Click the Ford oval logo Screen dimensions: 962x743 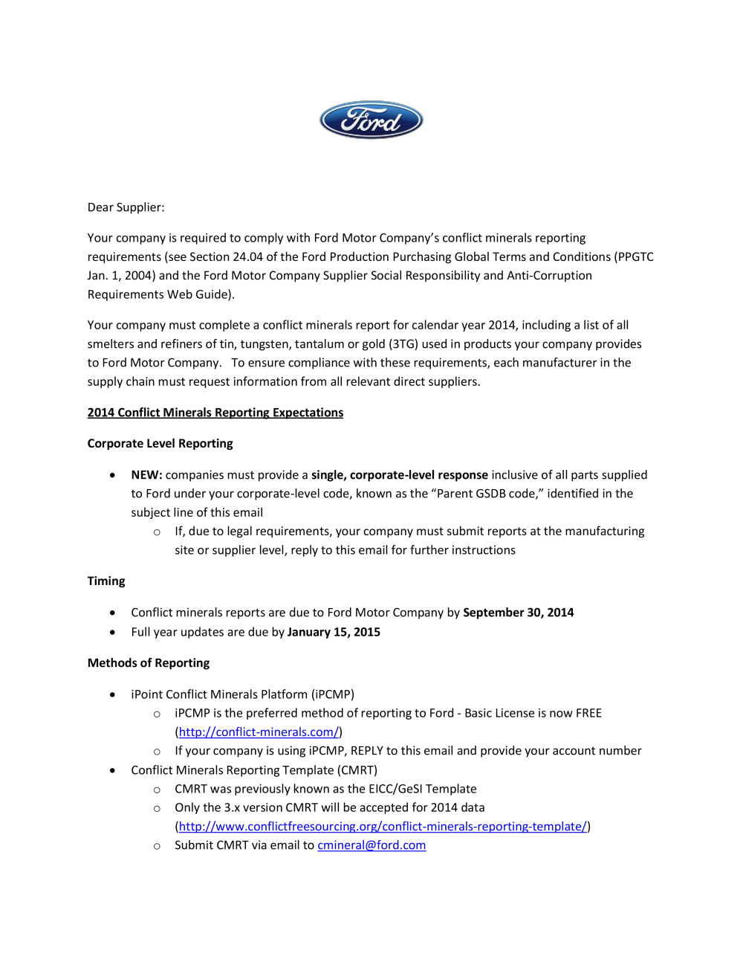[x=371, y=120]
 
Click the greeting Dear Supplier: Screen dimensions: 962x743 [x=126, y=207]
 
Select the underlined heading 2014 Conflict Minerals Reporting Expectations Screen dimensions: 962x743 [x=215, y=413]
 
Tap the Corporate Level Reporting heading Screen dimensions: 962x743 [x=160, y=444]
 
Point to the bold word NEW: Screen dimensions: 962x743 [x=146, y=475]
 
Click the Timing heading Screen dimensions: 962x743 [x=106, y=581]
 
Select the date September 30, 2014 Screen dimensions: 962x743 [x=518, y=613]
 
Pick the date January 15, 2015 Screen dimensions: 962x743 [x=334, y=632]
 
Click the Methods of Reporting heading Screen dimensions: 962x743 [x=149, y=663]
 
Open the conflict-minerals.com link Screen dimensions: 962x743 [x=259, y=732]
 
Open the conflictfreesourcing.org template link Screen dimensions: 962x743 [x=383, y=827]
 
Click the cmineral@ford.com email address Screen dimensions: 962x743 [x=371, y=845]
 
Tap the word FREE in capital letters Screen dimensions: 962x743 [x=588, y=713]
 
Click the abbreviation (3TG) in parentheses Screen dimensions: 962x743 [x=403, y=344]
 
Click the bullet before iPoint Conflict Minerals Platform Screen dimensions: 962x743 [x=112, y=694]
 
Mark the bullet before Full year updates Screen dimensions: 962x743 [x=112, y=632]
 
